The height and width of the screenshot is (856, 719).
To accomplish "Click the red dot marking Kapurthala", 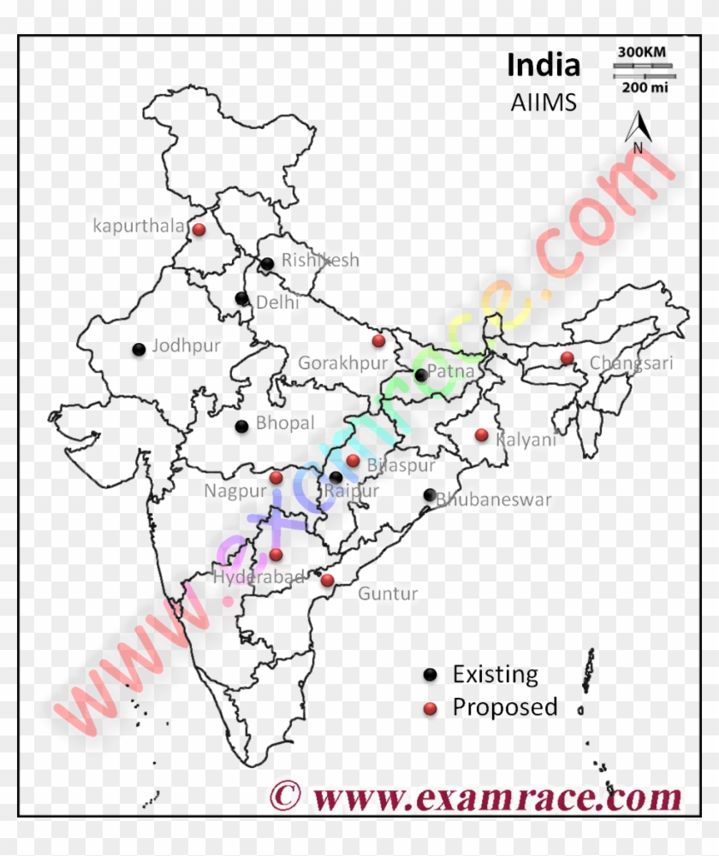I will coord(199,229).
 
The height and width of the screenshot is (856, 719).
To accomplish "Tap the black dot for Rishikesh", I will coord(268,263).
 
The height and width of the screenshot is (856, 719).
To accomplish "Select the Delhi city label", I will coord(277,302).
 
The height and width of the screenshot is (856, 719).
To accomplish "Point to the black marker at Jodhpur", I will coord(139,349).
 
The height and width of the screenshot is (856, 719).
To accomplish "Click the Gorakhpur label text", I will coord(342,363).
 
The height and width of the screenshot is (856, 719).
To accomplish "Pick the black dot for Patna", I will coord(421,375).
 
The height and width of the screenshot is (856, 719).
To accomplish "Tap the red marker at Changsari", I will coord(567,357).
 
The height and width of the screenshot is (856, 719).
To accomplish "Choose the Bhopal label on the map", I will coord(285,422).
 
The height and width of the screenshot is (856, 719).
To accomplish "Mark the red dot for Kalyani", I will coord(482,434).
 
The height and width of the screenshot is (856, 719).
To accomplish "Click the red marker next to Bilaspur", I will coord(353,460).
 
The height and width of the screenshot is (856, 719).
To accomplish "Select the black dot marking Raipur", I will coord(336,477).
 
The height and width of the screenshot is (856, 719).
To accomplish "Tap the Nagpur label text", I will coord(235,491).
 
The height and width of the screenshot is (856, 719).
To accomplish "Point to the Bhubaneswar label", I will coord(495,500).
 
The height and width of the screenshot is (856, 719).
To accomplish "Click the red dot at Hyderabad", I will coord(276,554).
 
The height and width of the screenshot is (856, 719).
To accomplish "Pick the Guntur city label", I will coord(388,593).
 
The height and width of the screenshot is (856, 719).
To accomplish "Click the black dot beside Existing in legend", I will coord(431,675).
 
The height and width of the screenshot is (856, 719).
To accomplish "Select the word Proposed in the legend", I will coord(505,707).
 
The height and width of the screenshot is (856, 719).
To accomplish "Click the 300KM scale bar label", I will coord(642,52).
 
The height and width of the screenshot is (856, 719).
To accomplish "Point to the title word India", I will coord(544,65).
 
